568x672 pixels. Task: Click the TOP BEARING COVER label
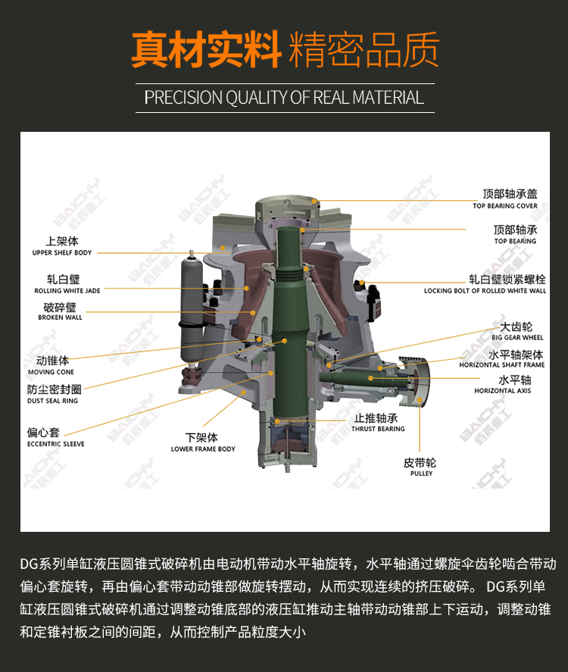pos(505,206)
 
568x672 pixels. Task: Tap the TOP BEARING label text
pos(515,241)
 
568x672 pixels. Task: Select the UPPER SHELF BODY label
pos(62,252)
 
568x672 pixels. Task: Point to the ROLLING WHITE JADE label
pos(67,291)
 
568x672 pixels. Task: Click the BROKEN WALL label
pos(60,317)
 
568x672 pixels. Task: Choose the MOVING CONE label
pos(51,372)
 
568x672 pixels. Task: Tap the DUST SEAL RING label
pos(53,401)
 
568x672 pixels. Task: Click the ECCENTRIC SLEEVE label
pos(56,444)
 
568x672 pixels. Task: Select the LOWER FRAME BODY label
pos(203,449)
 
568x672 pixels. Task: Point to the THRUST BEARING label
pos(378,429)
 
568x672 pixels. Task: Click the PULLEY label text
pos(422,474)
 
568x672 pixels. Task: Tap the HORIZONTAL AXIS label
pos(502,390)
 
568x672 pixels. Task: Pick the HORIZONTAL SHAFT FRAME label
pos(502,364)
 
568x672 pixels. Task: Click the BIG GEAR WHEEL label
pos(517,337)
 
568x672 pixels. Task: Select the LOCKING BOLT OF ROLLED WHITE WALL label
pos(485,291)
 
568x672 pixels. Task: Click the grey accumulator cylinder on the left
pos(192,308)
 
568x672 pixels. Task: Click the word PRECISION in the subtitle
pos(183,98)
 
